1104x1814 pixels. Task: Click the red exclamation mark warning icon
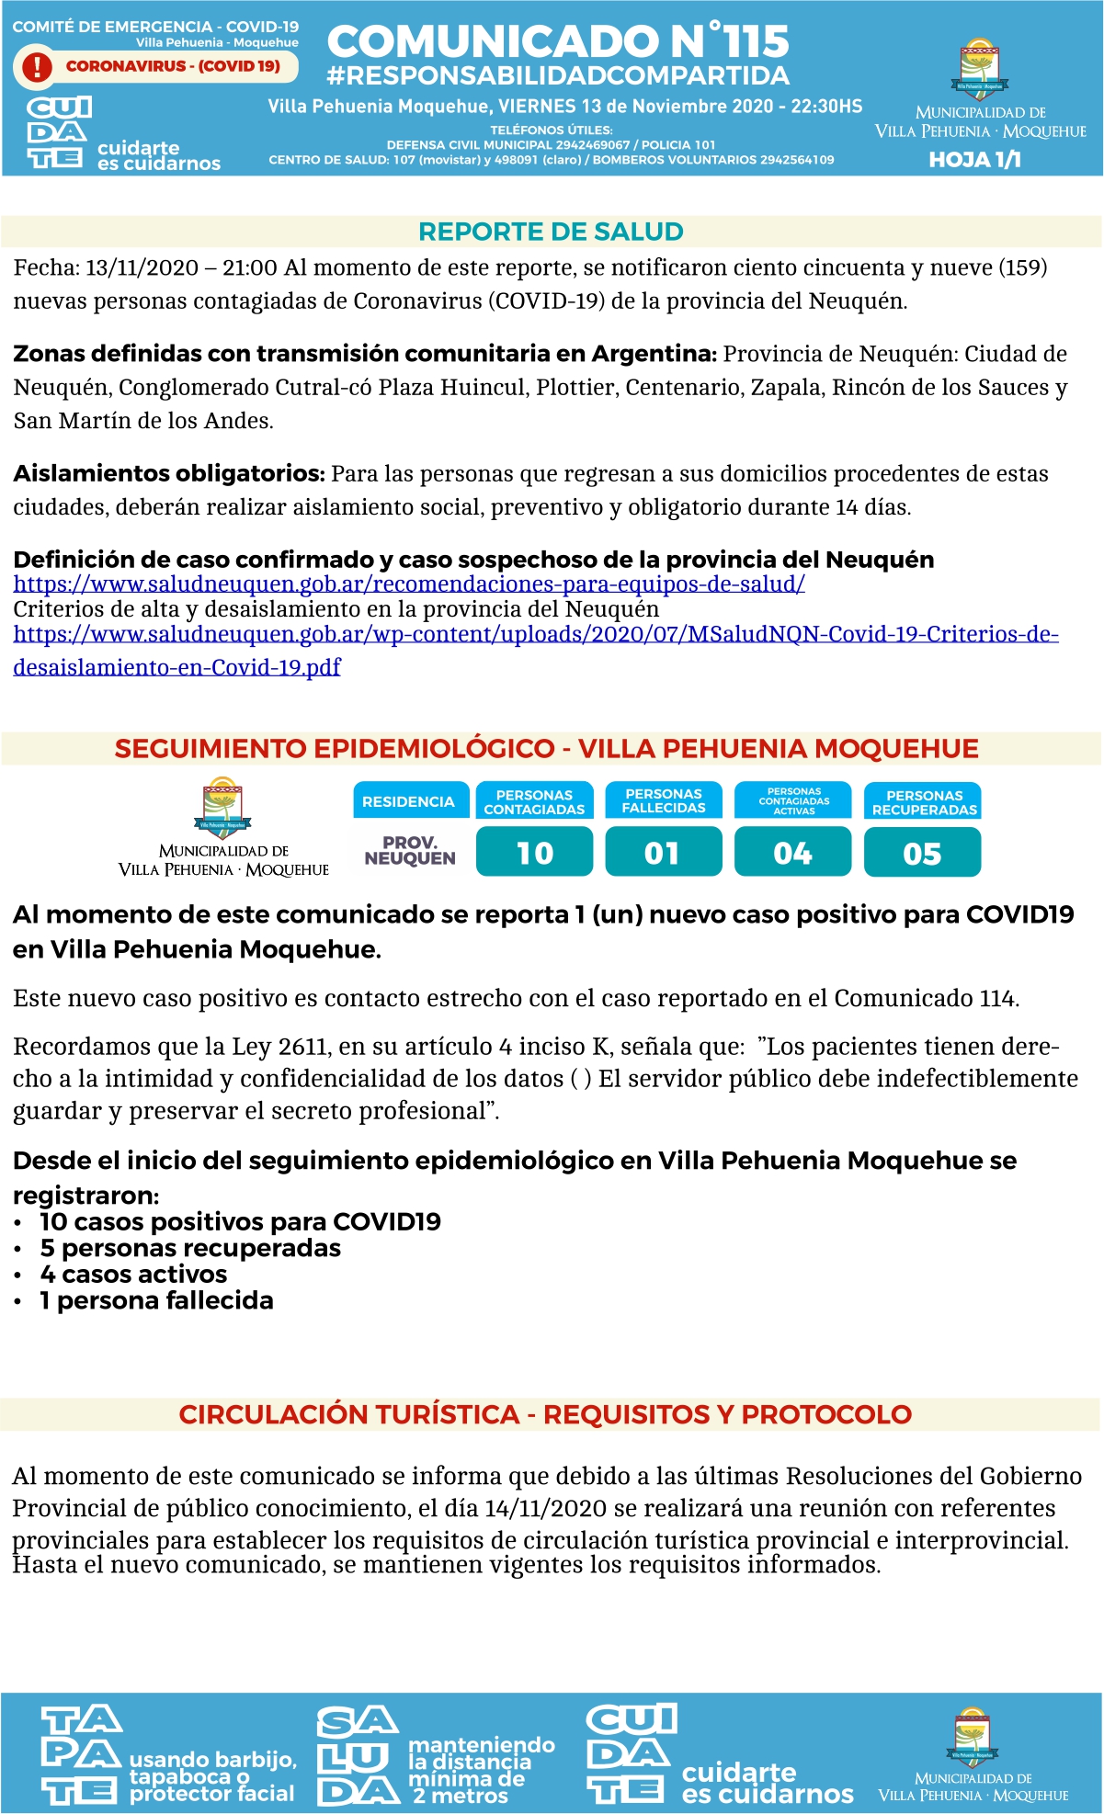point(37,66)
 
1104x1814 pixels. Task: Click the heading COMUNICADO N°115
point(558,41)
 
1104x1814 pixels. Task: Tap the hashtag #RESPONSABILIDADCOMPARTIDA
point(558,75)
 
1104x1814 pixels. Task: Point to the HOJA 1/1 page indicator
point(974,160)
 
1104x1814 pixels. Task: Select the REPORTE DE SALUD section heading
point(551,232)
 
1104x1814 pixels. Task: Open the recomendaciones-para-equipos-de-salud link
point(409,584)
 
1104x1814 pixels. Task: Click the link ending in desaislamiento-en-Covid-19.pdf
point(176,667)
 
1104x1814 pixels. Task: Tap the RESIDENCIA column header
point(408,801)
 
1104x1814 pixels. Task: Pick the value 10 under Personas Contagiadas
point(535,853)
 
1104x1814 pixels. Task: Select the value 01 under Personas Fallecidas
point(663,853)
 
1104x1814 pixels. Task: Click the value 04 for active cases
point(792,853)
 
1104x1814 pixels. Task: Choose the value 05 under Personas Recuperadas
point(922,853)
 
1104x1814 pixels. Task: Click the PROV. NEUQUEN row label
point(410,850)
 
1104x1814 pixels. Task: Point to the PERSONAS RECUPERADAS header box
point(924,801)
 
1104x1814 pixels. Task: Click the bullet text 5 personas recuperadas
point(190,1248)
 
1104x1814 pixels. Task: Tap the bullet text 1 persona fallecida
point(156,1300)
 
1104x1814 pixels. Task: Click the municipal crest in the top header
point(980,69)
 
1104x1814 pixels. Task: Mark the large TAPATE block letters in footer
point(81,1755)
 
